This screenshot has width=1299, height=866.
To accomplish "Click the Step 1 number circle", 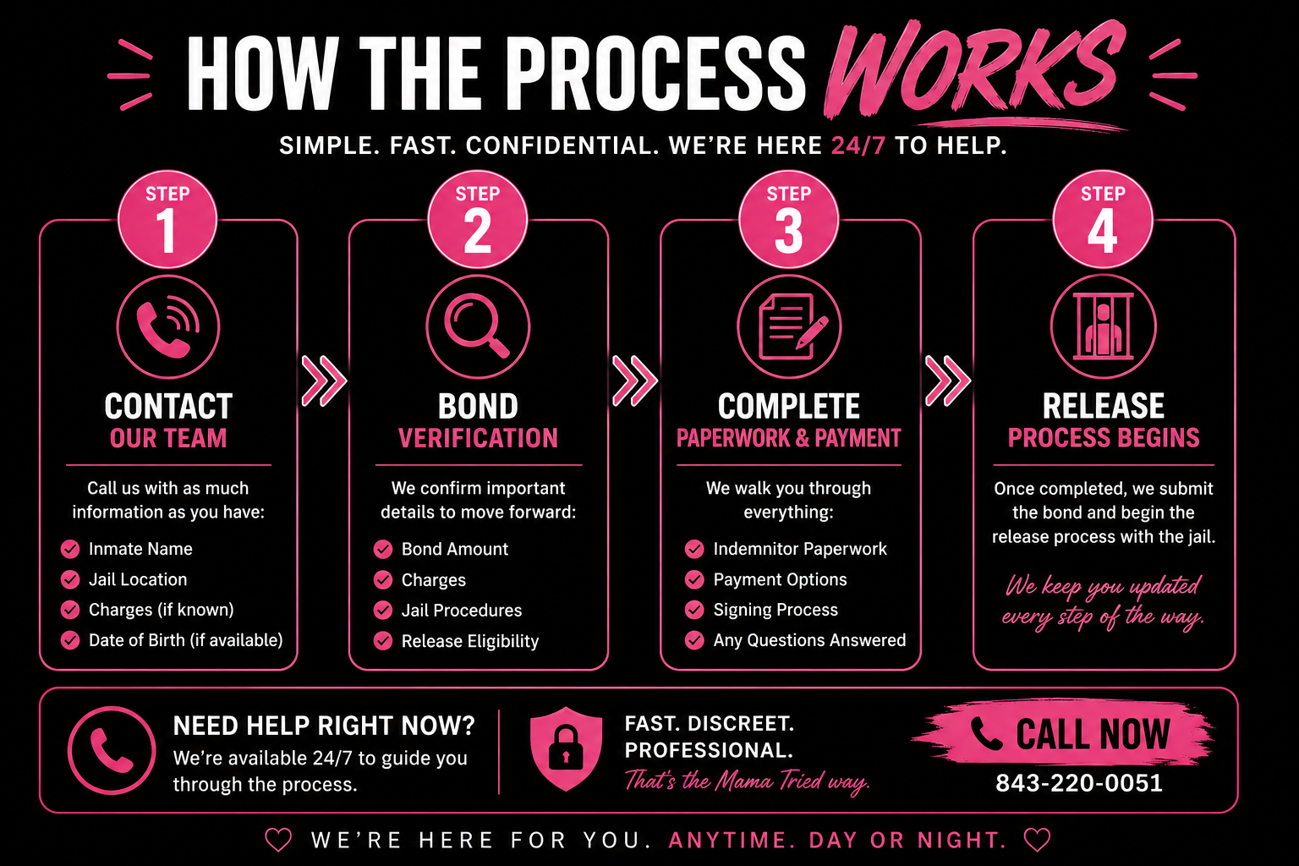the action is point(167,219).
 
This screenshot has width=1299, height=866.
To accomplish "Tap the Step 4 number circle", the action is point(1103,219).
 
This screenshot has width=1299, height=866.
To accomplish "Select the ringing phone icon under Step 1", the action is point(168,326).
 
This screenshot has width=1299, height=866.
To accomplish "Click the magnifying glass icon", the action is point(478,326).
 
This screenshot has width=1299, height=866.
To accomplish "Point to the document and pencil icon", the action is point(789,326).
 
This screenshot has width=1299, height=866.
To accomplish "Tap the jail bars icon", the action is point(1103,326).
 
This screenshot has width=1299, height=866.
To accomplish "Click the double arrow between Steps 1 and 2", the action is point(324,381).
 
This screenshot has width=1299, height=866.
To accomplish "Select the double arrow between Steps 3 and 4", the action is point(947,381).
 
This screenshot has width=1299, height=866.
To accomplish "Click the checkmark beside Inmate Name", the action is point(70,549).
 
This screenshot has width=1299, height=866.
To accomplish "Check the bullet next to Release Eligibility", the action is point(383,640).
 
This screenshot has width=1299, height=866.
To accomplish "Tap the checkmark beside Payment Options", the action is point(694,578).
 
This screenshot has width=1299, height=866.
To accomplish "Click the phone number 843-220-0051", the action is point(1079,783).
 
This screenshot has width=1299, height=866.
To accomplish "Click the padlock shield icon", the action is point(566,748).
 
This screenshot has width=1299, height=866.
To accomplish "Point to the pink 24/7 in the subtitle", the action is point(858,145).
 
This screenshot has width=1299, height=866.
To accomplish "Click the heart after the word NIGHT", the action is point(1037,840).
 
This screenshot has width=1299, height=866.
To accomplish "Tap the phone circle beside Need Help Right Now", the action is point(112,750).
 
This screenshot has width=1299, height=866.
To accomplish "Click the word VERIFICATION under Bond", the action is point(479,438).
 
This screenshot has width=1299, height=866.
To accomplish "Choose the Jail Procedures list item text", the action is point(462,611).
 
